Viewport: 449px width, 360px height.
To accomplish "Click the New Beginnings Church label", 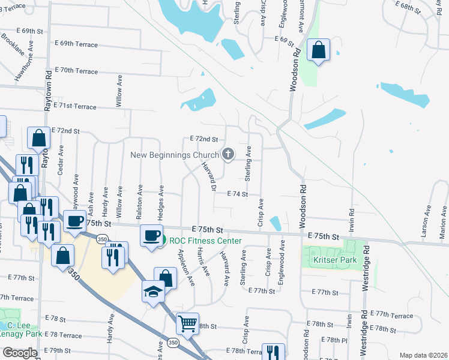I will click(175, 155).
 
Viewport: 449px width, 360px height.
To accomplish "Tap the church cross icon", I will click(228, 155).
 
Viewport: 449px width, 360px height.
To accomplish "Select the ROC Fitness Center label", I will click(205, 241).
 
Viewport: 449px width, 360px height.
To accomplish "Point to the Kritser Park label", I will click(335, 260).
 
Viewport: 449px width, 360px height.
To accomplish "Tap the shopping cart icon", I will click(187, 323).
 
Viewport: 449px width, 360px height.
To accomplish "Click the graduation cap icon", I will click(153, 292).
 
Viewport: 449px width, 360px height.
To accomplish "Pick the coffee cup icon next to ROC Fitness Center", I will click(151, 235).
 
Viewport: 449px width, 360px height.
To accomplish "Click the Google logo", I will click(20, 353).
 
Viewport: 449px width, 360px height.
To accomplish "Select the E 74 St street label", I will click(238, 194).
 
